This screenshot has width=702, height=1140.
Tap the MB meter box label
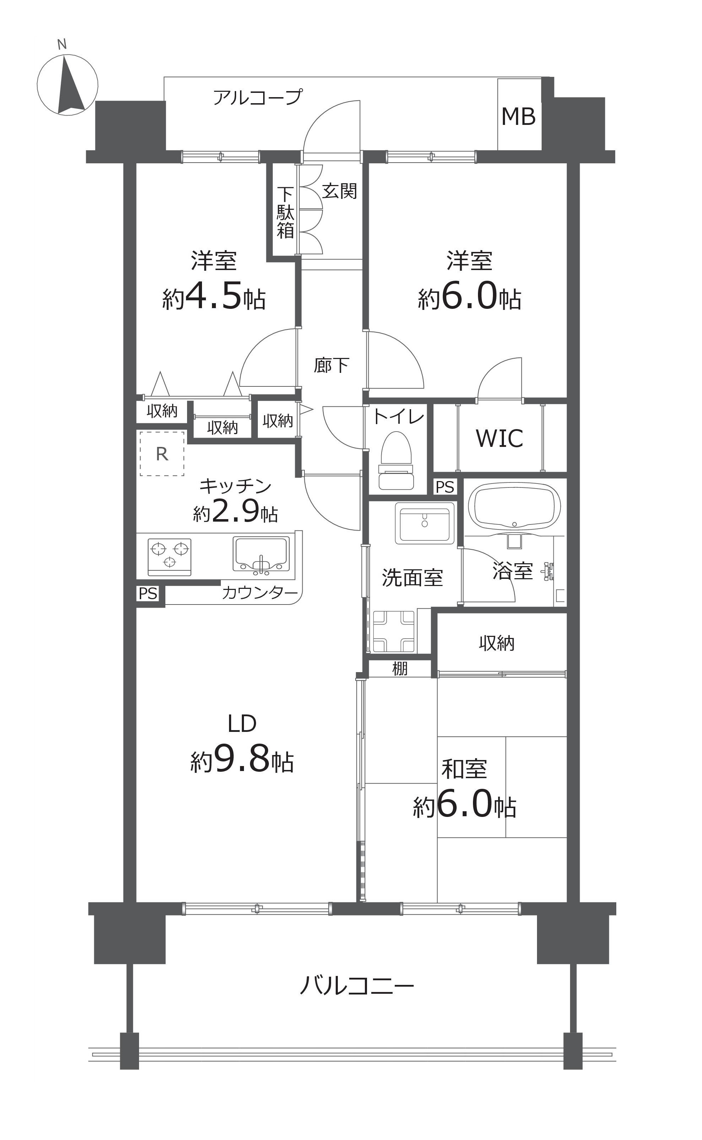[x=518, y=117]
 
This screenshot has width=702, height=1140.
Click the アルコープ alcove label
[x=258, y=97]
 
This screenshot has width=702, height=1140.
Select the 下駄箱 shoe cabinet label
[x=285, y=213]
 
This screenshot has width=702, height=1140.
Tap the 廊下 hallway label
[x=331, y=366]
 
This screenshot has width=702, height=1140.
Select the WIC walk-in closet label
[x=500, y=438]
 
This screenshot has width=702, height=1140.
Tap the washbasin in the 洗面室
[x=424, y=523]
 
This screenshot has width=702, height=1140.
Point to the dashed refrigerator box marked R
[x=162, y=453]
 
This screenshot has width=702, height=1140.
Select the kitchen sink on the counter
[x=261, y=554]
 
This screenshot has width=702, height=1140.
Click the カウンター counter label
[x=260, y=593]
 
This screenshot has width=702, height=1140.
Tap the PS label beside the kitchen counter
[x=148, y=594]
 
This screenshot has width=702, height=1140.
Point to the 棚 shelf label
[x=400, y=669]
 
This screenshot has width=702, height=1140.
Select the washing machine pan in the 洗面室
[x=394, y=631]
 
